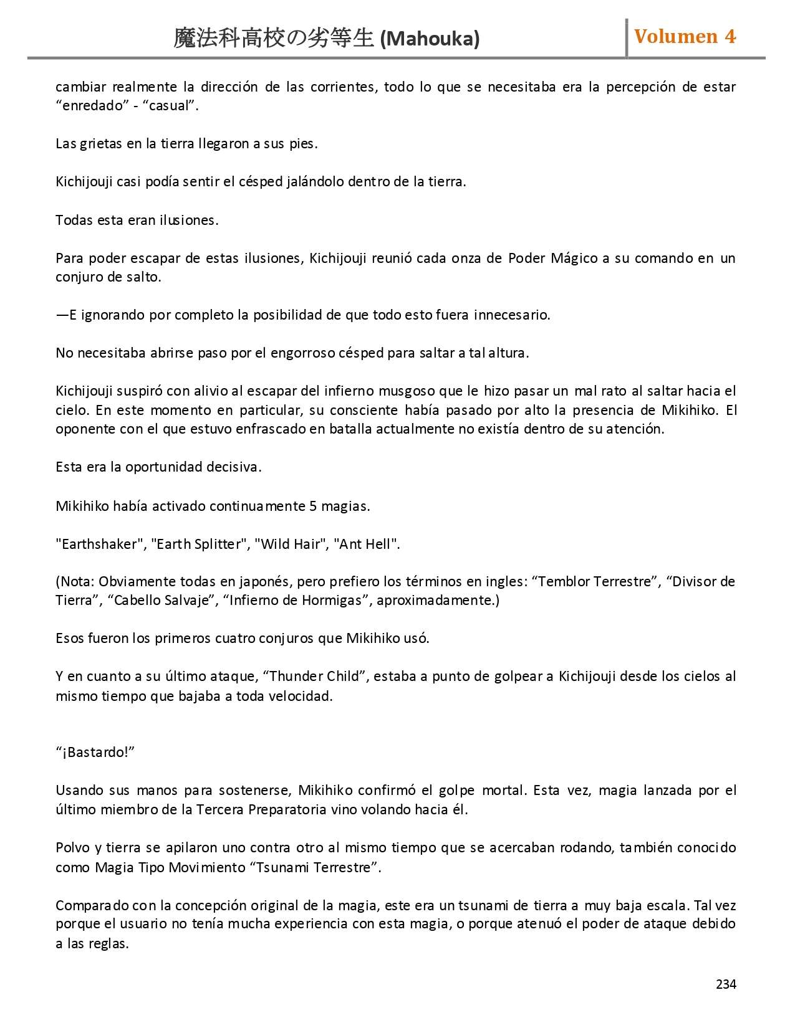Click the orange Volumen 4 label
click(685, 37)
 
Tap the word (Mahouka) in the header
click(430, 39)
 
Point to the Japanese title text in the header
click(274, 39)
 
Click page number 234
click(726, 984)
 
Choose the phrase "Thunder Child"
click(314, 677)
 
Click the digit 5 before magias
click(313, 506)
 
